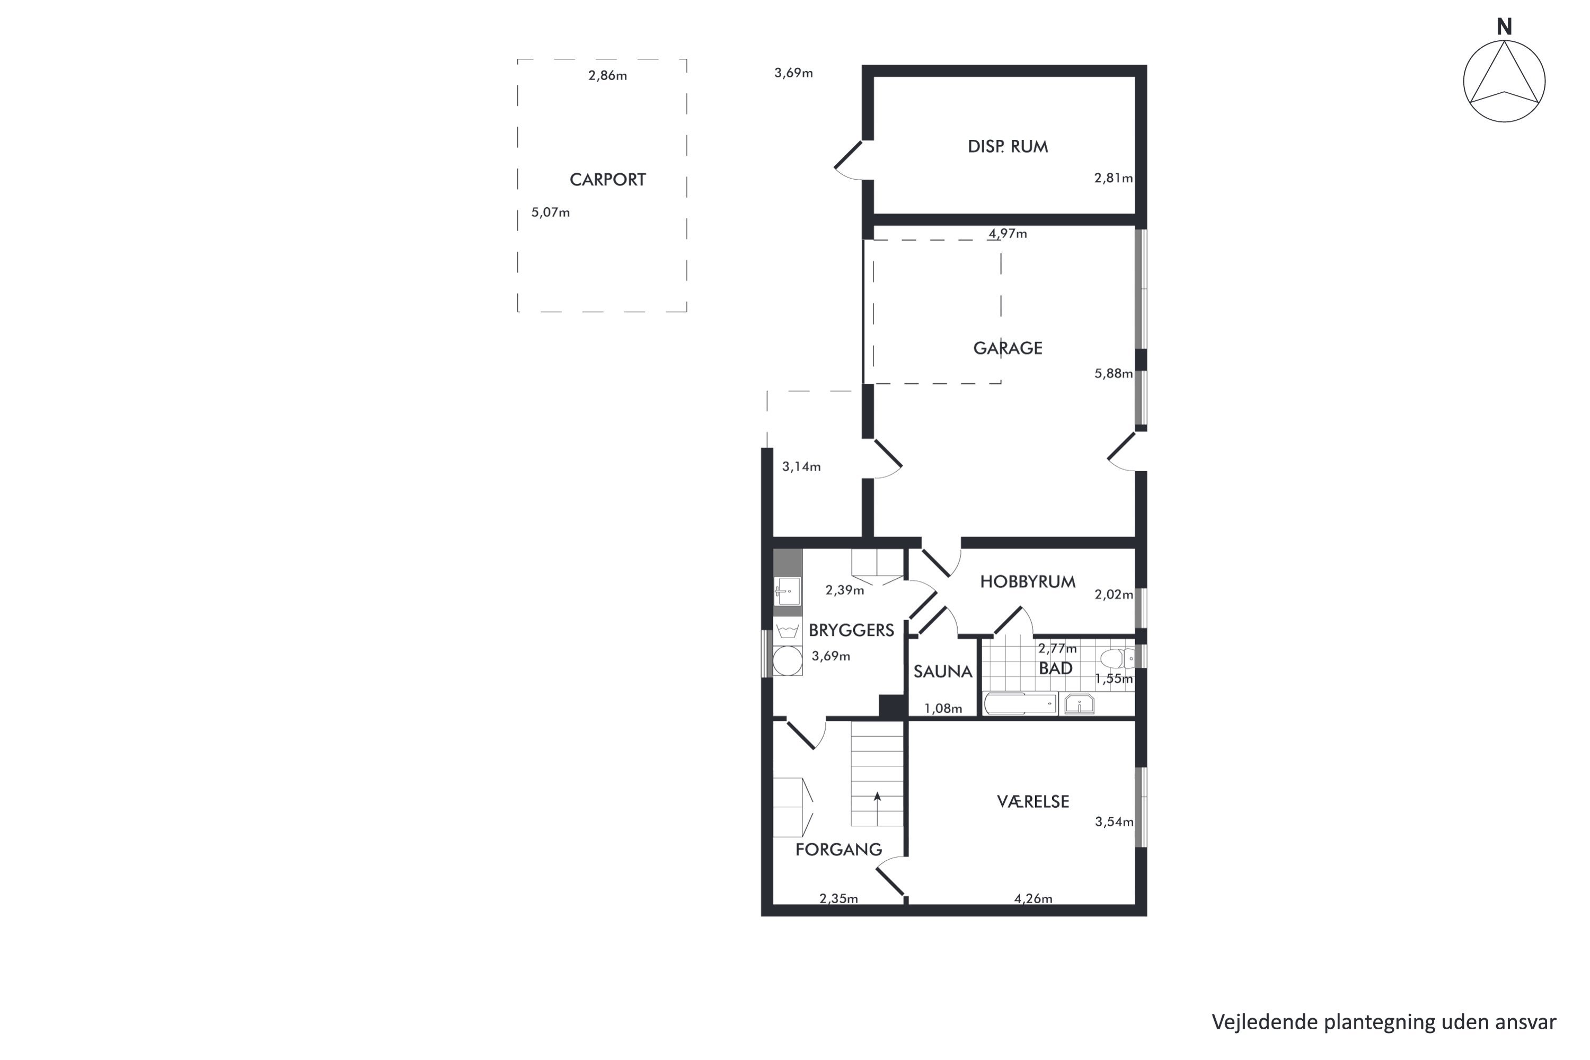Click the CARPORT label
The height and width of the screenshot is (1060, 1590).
(608, 180)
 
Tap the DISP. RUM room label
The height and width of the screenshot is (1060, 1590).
(1008, 147)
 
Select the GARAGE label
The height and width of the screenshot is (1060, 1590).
(1008, 348)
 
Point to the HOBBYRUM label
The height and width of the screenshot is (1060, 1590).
(1028, 582)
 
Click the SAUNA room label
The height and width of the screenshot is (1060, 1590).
(942, 672)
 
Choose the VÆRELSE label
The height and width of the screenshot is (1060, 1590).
(1033, 802)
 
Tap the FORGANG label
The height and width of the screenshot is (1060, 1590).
(838, 850)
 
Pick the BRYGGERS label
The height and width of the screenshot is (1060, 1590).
(851, 630)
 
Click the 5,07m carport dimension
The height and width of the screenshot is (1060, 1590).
(550, 213)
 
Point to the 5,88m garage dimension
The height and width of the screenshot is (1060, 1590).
(1114, 373)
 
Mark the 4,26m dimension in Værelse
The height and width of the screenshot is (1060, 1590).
(1033, 898)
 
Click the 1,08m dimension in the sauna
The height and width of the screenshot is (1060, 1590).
(943, 709)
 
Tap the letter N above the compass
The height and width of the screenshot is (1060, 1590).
(1504, 27)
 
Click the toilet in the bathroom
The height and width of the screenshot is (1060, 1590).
(1117, 658)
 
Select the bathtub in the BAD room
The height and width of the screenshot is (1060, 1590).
(1021, 704)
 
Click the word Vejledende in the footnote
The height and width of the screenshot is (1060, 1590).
(1265, 1022)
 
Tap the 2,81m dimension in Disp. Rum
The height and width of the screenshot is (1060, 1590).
(1114, 178)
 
